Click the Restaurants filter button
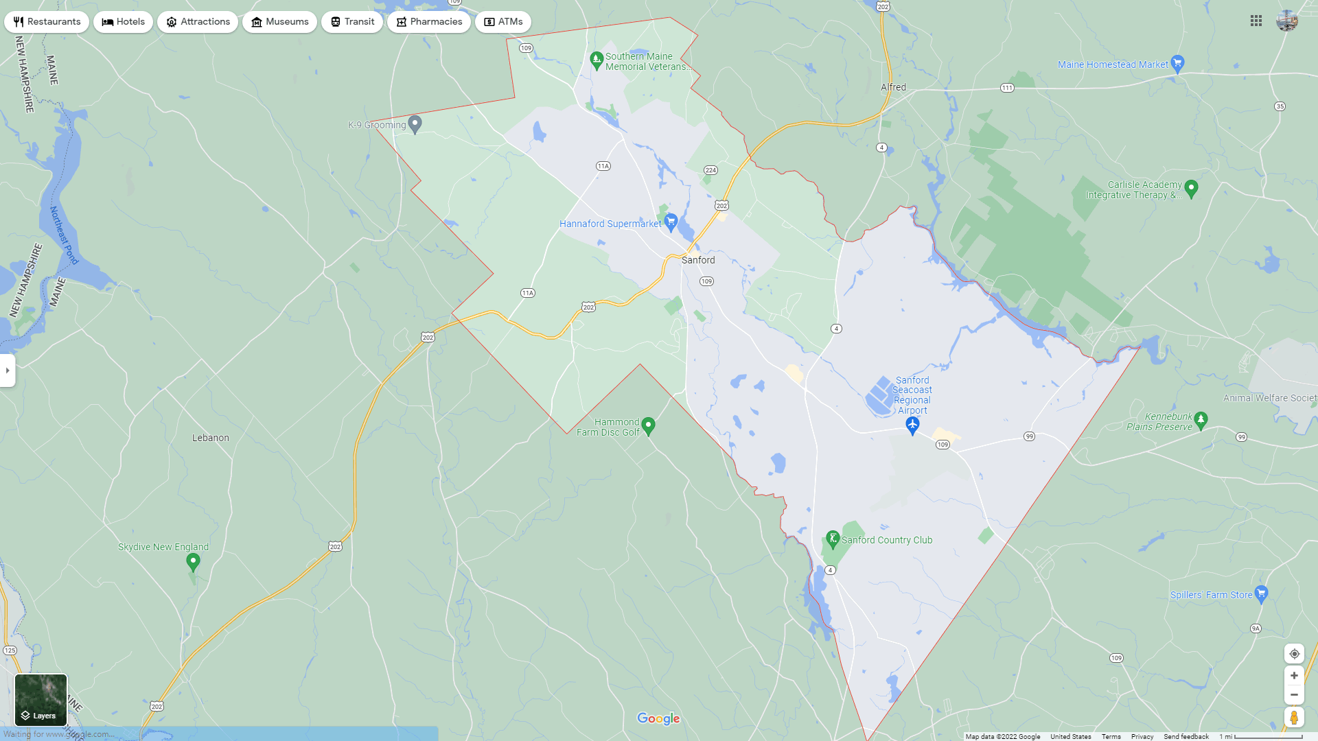[47, 22]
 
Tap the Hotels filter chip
[124, 22]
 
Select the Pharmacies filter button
[429, 22]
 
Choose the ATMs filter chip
[503, 22]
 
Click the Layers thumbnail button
[41, 700]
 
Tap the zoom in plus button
[1294, 676]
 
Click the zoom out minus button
[1294, 695]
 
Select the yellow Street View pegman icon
[1294, 718]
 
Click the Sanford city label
[698, 260]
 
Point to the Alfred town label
[893, 87]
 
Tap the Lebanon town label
[211, 438]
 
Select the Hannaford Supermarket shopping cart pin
[671, 222]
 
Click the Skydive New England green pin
[193, 562]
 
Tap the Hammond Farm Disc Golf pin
[648, 425]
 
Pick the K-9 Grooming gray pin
[415, 123]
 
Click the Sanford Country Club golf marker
[833, 539]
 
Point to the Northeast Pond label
[64, 235]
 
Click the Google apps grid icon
[1256, 21]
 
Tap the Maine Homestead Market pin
[1178, 63]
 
